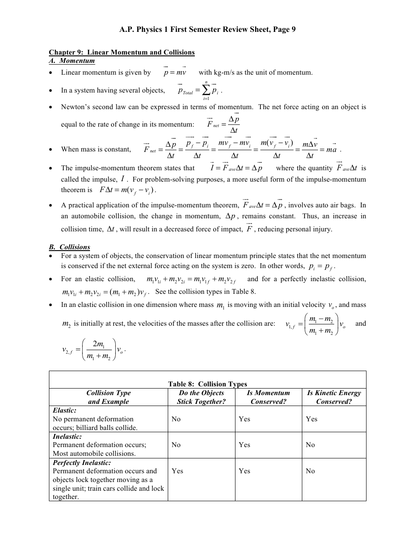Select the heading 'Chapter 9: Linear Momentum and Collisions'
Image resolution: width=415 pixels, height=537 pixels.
coord(122,52)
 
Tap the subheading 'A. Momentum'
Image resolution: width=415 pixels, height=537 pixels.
coord(72,61)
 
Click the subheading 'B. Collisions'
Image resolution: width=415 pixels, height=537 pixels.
coord(69,247)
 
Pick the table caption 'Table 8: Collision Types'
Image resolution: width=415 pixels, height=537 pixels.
coord(207,384)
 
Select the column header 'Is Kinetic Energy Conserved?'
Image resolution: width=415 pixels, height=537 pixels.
coord(334,397)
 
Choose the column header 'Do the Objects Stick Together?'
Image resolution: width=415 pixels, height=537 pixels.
coord(201,397)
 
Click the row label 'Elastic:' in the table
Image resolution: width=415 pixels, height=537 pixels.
coord(65,411)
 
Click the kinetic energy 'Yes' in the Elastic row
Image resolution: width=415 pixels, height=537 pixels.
coord(311,419)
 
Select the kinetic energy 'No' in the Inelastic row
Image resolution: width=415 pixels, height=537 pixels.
coord(310,445)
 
